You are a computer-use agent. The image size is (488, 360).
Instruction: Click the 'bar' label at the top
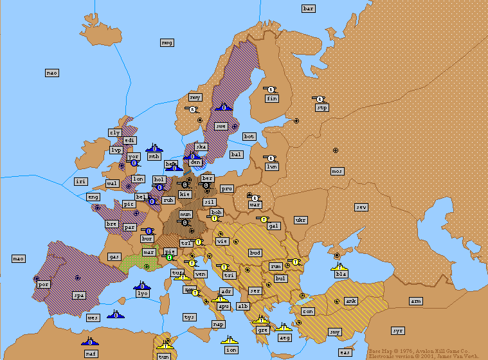(x=309, y=8)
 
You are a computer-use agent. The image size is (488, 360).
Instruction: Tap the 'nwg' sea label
(x=167, y=42)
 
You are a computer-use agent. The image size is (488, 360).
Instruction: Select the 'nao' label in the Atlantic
(x=52, y=73)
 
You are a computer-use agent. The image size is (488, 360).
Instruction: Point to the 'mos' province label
(x=337, y=171)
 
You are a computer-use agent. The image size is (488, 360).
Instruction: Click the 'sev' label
(x=362, y=207)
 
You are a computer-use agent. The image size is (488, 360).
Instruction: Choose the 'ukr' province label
(x=300, y=220)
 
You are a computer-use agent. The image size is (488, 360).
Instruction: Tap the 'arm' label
(x=416, y=301)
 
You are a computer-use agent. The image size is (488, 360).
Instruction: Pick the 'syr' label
(x=398, y=330)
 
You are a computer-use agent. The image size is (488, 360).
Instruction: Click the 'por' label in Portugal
(x=44, y=283)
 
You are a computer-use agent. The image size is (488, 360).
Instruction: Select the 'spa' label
(x=79, y=296)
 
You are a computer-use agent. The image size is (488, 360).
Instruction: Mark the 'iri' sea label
(x=80, y=182)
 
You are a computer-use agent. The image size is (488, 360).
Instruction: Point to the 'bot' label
(x=249, y=137)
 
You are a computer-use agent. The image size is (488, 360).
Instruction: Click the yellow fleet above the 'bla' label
(x=339, y=265)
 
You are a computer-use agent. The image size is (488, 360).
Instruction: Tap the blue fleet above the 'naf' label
(x=90, y=340)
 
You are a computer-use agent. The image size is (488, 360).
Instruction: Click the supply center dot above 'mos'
(x=335, y=150)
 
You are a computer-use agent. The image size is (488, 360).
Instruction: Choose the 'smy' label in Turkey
(x=335, y=332)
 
